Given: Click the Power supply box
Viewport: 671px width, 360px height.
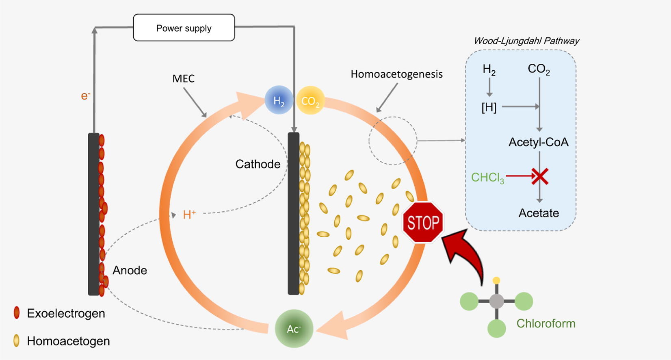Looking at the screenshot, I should point(184,28).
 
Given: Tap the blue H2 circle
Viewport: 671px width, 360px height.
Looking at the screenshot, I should point(279,100).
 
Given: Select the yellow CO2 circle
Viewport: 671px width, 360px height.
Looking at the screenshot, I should point(310,100).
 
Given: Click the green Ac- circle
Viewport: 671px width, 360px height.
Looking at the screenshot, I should point(294,328).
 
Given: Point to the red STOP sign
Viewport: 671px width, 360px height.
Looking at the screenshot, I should point(423,223).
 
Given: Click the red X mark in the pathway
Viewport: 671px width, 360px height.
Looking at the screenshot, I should point(540,176).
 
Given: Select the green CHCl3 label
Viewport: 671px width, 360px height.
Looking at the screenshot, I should point(487,178).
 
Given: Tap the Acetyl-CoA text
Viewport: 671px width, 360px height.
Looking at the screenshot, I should point(539,142).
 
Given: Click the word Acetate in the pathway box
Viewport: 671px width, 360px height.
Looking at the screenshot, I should point(539,213).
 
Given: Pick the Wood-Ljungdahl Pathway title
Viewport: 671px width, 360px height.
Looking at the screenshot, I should point(526,41).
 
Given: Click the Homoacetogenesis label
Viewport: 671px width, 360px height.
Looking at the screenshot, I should point(396,74).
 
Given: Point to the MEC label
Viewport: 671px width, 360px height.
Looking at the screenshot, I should point(184,78).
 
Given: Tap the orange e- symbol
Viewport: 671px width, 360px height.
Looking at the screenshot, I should point(85,96).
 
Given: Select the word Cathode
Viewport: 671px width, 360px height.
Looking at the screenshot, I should point(258,164).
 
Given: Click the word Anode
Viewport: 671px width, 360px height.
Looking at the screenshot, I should point(130,270).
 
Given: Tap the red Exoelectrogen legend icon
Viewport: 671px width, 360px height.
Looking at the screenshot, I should point(17,313).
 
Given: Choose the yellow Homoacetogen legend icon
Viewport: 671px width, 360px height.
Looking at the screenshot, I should point(17,340).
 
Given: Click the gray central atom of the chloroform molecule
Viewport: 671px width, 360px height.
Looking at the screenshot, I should point(496,301).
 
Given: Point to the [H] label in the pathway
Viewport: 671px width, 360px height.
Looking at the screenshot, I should point(489,107).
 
